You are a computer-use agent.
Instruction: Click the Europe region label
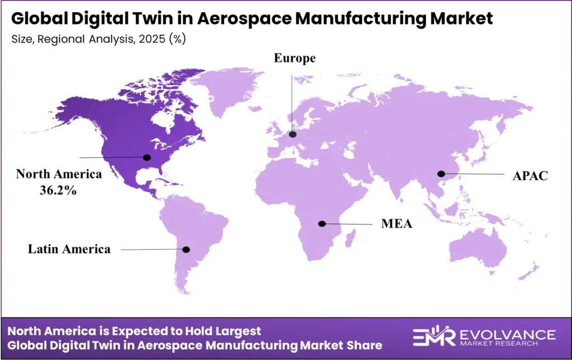pyautogui.click(x=294, y=58)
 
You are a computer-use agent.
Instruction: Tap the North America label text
pyautogui.click(x=59, y=174)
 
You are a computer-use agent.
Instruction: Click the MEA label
pyautogui.click(x=397, y=224)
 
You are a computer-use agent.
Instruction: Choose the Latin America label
pyautogui.click(x=69, y=249)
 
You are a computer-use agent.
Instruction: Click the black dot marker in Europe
pyautogui.click(x=293, y=134)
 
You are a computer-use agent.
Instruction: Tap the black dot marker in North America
pyautogui.click(x=147, y=157)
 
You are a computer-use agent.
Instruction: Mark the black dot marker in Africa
pyautogui.click(x=322, y=224)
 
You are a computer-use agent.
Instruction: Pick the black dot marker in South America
pyautogui.click(x=187, y=249)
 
